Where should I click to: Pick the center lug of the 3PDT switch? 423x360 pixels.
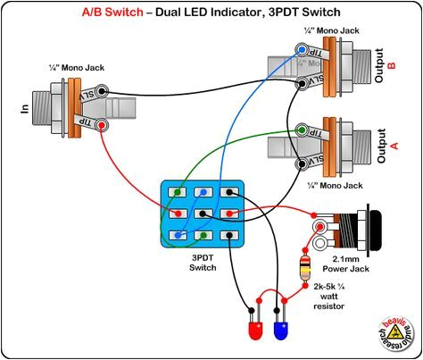pos(205,213)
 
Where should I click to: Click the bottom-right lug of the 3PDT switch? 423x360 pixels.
pos(231,235)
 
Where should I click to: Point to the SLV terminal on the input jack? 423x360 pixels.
pos(104,91)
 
